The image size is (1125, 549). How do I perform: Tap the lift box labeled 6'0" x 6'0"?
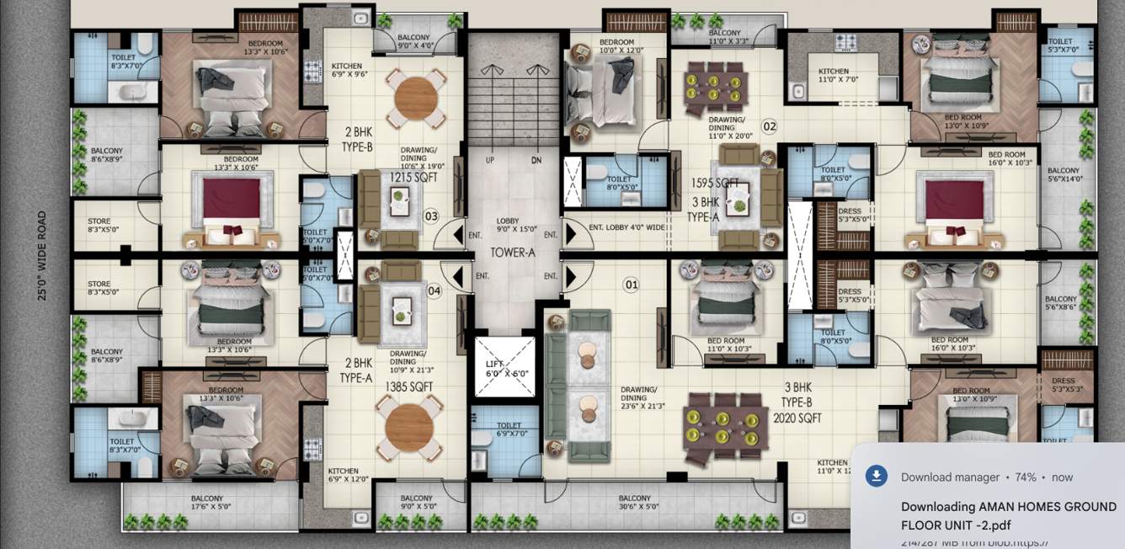click(504, 366)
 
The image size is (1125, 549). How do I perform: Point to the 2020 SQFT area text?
click(797, 418)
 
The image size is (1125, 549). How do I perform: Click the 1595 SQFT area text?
click(715, 183)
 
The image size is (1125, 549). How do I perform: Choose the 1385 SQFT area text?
click(408, 386)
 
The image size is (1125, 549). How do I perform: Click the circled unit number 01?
click(631, 285)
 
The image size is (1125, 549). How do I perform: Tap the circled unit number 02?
click(769, 127)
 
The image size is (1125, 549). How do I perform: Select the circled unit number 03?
click(431, 216)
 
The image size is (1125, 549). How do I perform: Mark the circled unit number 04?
click(435, 291)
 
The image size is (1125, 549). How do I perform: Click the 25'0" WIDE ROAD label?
click(41, 255)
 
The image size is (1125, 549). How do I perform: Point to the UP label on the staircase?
click(490, 160)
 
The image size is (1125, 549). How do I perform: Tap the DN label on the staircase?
click(536, 160)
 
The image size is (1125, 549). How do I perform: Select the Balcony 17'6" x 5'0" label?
click(206, 503)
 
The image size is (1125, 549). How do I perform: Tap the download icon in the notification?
click(877, 477)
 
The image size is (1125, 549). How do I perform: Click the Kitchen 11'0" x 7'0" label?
click(834, 76)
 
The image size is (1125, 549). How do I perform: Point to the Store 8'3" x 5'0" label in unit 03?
click(99, 226)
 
